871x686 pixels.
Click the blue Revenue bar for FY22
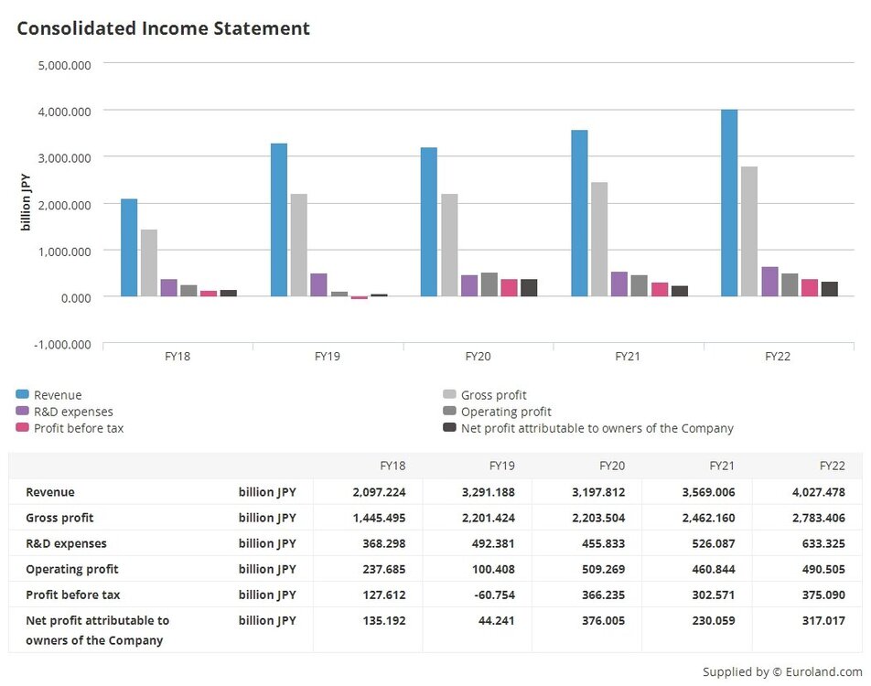click(x=729, y=203)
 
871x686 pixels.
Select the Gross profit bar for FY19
click(x=298, y=245)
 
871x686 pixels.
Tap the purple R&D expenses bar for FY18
click(x=168, y=288)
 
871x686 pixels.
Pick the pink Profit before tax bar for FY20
click(x=509, y=288)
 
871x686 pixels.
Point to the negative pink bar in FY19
click(x=359, y=298)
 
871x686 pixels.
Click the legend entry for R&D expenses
click(x=73, y=412)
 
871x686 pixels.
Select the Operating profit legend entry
click(x=506, y=412)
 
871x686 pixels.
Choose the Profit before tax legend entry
click(x=78, y=428)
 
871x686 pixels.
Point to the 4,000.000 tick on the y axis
click(x=65, y=111)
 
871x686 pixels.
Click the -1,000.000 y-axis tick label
click(x=62, y=345)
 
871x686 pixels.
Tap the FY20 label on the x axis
click(x=478, y=356)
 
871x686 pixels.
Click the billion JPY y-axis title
click(x=26, y=203)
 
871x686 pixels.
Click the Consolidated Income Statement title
click(x=164, y=28)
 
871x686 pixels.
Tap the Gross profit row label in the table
click(x=59, y=518)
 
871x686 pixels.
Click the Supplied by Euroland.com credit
click(x=782, y=672)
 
